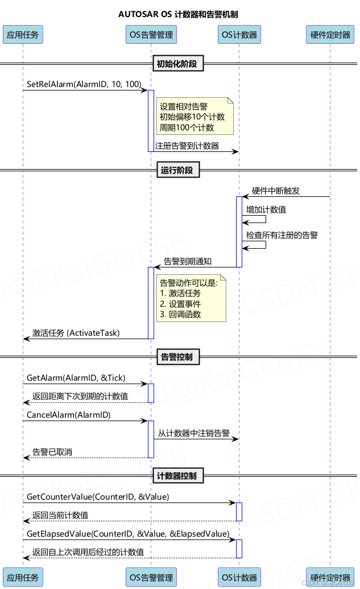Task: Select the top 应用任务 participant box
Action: pyautogui.click(x=23, y=35)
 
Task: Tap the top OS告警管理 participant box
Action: pyautogui.click(x=151, y=35)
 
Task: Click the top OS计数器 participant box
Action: pyautogui.click(x=239, y=35)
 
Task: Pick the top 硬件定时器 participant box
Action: pyautogui.click(x=330, y=35)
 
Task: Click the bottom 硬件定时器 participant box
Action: pyautogui.click(x=330, y=577)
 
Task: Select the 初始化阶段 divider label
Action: pyautogui.click(x=177, y=64)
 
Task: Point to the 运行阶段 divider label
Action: pyautogui.click(x=177, y=170)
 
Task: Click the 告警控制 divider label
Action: pyautogui.click(x=177, y=357)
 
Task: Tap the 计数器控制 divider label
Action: pyautogui.click(x=177, y=476)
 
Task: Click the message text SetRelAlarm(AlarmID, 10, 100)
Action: pyautogui.click(x=84, y=84)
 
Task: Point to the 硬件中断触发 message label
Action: pyautogui.click(x=276, y=191)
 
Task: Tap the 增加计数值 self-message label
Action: pyautogui.click(x=266, y=210)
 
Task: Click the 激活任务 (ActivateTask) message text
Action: pyautogui.click(x=76, y=333)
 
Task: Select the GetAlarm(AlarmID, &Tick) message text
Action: pyautogui.click(x=76, y=378)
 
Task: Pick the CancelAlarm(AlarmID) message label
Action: pyautogui.click(x=69, y=415)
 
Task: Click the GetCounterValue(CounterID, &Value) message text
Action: pyautogui.click(x=98, y=497)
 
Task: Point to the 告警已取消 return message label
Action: pyautogui.click(x=52, y=452)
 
